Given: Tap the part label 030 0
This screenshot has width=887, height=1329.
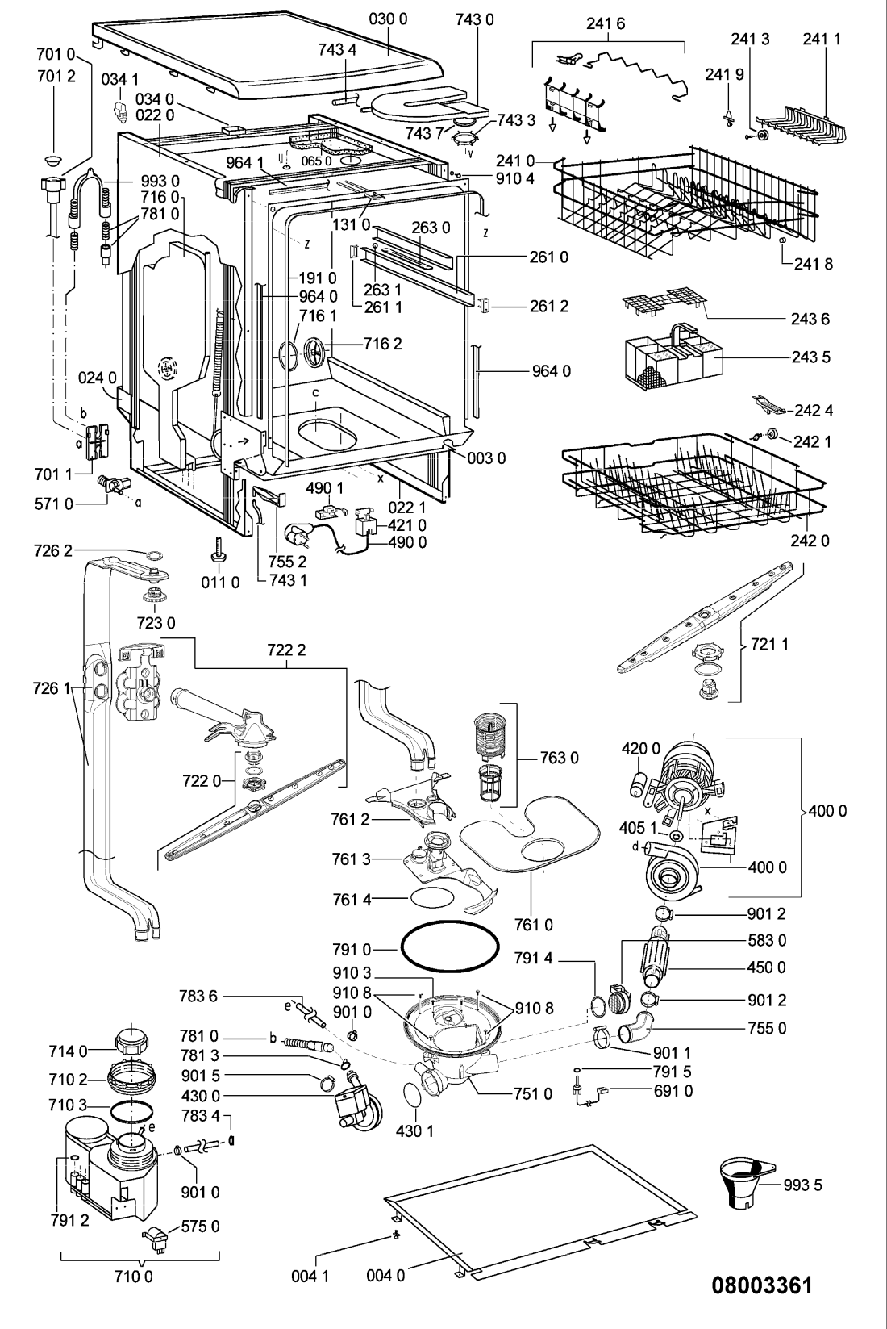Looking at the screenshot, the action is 389,19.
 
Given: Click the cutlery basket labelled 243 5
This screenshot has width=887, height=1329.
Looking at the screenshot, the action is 674,354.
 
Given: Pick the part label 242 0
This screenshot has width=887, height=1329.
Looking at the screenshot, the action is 810,541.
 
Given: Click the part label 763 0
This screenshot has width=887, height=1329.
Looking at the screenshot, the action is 559,758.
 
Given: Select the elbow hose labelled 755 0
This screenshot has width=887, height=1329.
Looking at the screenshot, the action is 635,1030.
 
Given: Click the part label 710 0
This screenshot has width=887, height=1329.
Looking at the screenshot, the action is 133,1275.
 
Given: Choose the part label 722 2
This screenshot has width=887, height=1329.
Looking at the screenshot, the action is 286,650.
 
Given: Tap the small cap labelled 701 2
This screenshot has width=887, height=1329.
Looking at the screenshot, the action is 54,161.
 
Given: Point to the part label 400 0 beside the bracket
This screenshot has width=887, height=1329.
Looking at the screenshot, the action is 828,811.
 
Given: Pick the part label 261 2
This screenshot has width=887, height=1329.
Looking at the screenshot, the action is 549,306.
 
